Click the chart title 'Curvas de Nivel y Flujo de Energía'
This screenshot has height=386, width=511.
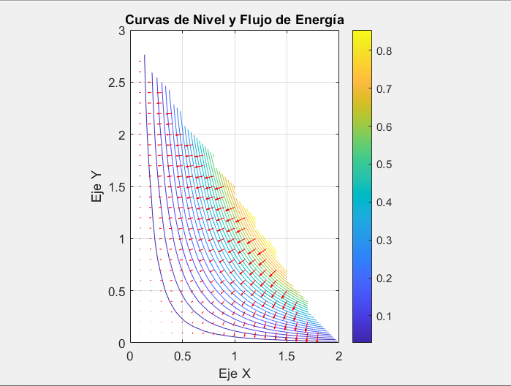point(234,19)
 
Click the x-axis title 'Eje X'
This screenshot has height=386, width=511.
point(234,373)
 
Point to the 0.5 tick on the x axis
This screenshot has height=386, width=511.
point(182,356)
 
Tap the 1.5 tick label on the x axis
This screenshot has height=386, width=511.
point(287,356)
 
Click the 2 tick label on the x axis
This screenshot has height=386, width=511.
point(338,356)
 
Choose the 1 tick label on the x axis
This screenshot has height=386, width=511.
point(234,356)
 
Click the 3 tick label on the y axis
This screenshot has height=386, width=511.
point(121,31)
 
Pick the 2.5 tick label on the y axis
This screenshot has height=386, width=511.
point(116,83)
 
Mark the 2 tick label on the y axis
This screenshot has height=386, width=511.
point(121,135)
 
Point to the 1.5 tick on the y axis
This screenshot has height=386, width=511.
point(116,186)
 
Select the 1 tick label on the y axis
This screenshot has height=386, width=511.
point(121,239)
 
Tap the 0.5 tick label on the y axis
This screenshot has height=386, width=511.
point(116,291)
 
